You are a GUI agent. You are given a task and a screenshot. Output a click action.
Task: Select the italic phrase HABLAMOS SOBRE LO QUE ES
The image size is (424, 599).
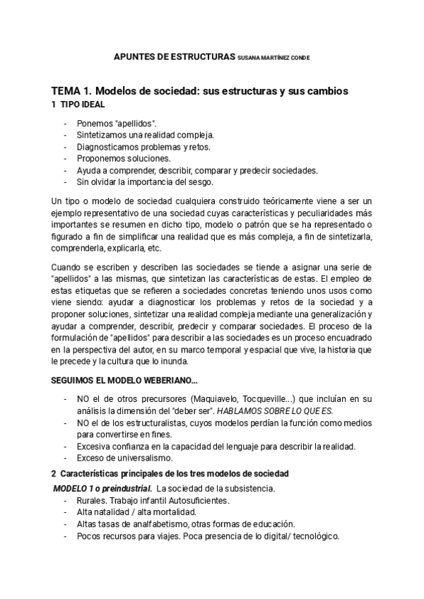coord(293,410)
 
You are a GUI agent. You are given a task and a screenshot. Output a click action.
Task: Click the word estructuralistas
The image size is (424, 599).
coord(152,422)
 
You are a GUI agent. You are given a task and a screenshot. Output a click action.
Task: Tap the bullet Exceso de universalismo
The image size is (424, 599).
coord(122,458)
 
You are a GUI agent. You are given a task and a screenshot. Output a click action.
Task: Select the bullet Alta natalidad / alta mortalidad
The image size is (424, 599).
coord(136,512)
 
